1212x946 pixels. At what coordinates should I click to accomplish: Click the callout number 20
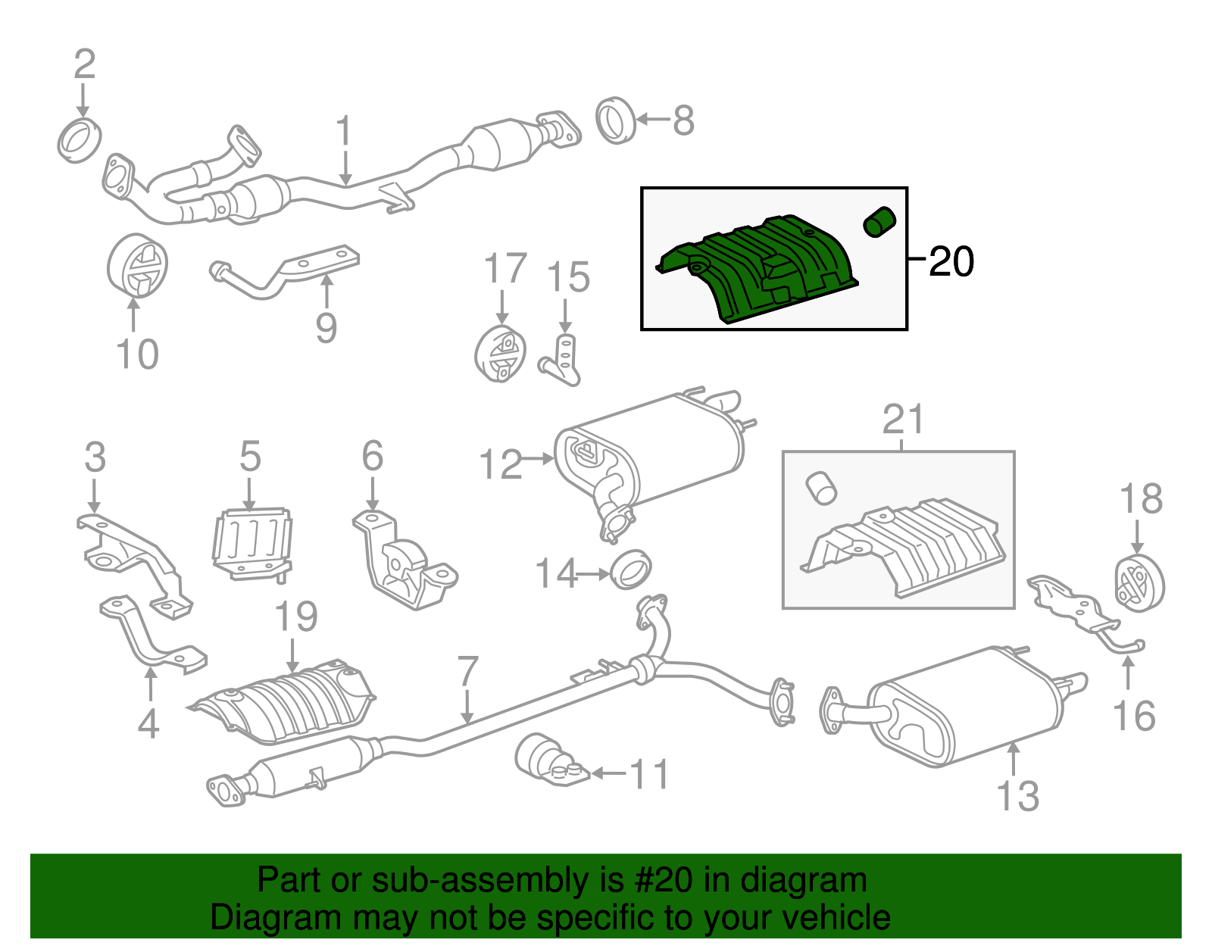point(951,261)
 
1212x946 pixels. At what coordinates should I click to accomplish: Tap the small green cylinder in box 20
point(879,221)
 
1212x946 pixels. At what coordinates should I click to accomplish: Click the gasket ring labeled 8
point(616,120)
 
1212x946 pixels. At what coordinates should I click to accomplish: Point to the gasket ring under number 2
point(79,140)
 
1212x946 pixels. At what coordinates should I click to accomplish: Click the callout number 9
point(326,327)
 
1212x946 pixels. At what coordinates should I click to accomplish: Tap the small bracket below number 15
point(562,362)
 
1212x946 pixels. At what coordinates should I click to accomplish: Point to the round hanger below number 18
point(1139,582)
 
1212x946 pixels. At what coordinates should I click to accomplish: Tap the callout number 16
point(1133,716)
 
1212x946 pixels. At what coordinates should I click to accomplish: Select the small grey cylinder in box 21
point(820,488)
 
